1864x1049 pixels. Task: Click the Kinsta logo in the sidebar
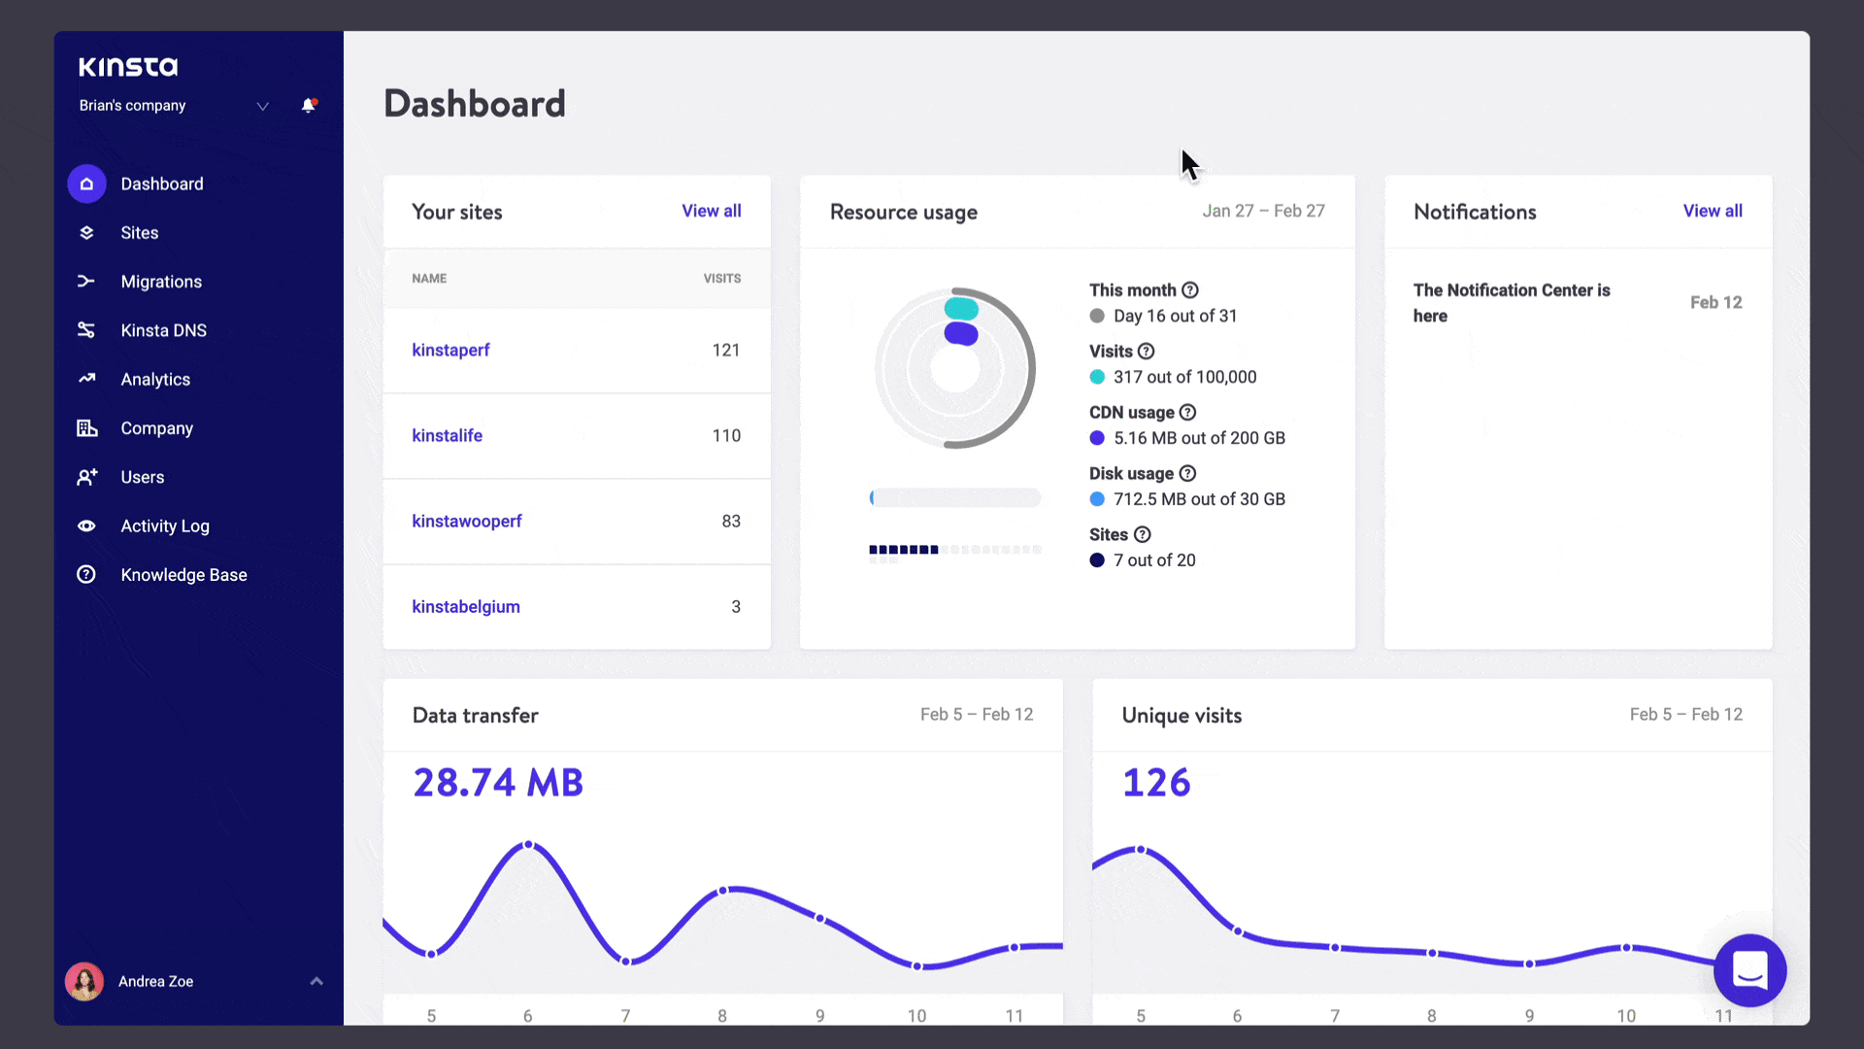pyautogui.click(x=128, y=66)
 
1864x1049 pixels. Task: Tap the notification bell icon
pyautogui.click(x=309, y=105)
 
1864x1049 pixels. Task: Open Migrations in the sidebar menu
pyautogui.click(x=161, y=282)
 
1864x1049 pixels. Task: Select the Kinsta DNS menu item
pyautogui.click(x=163, y=330)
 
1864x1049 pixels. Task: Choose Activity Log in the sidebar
pyautogui.click(x=164, y=525)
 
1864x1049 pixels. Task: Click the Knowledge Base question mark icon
pyautogui.click(x=86, y=574)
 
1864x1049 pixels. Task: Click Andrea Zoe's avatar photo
pyautogui.click(x=84, y=981)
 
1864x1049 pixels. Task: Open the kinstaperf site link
pyautogui.click(x=450, y=350)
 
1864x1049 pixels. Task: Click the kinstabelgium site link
pyautogui.click(x=466, y=606)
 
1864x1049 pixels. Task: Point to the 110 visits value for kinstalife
pyautogui.click(x=726, y=435)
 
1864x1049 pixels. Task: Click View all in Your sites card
pyautogui.click(x=711, y=211)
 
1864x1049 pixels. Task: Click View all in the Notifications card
pyautogui.click(x=1713, y=211)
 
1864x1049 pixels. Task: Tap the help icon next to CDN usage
pyautogui.click(x=1187, y=412)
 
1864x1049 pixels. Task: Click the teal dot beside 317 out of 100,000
pyautogui.click(x=1097, y=377)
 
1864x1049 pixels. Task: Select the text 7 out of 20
pyautogui.click(x=1154, y=560)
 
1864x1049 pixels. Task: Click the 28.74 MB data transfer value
pyautogui.click(x=498, y=783)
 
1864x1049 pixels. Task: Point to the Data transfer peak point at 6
pyautogui.click(x=528, y=844)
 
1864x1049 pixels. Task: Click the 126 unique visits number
pyautogui.click(x=1156, y=783)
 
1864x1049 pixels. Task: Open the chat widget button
pyautogui.click(x=1749, y=969)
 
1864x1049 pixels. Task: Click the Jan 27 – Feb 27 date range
pyautogui.click(x=1263, y=211)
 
